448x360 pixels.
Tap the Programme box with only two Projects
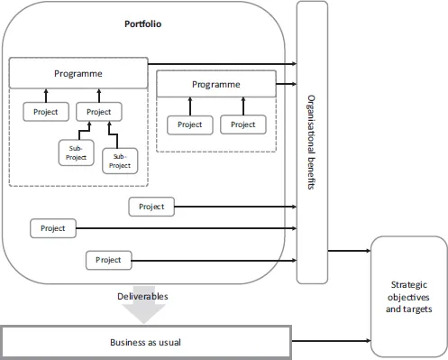pyautogui.click(x=216, y=84)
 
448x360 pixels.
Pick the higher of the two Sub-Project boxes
pyautogui.click(x=76, y=150)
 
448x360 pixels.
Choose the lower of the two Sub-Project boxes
pyautogui.click(x=120, y=160)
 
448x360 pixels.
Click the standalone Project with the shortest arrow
pyautogui.click(x=151, y=207)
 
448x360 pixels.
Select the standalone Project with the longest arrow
pyautogui.click(x=53, y=228)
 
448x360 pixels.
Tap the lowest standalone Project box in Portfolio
pyautogui.click(x=108, y=260)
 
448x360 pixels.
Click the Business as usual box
pyautogui.click(x=146, y=343)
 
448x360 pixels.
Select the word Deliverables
pyautogui.click(x=142, y=296)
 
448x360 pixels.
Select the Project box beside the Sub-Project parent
pyautogui.click(x=45, y=112)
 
